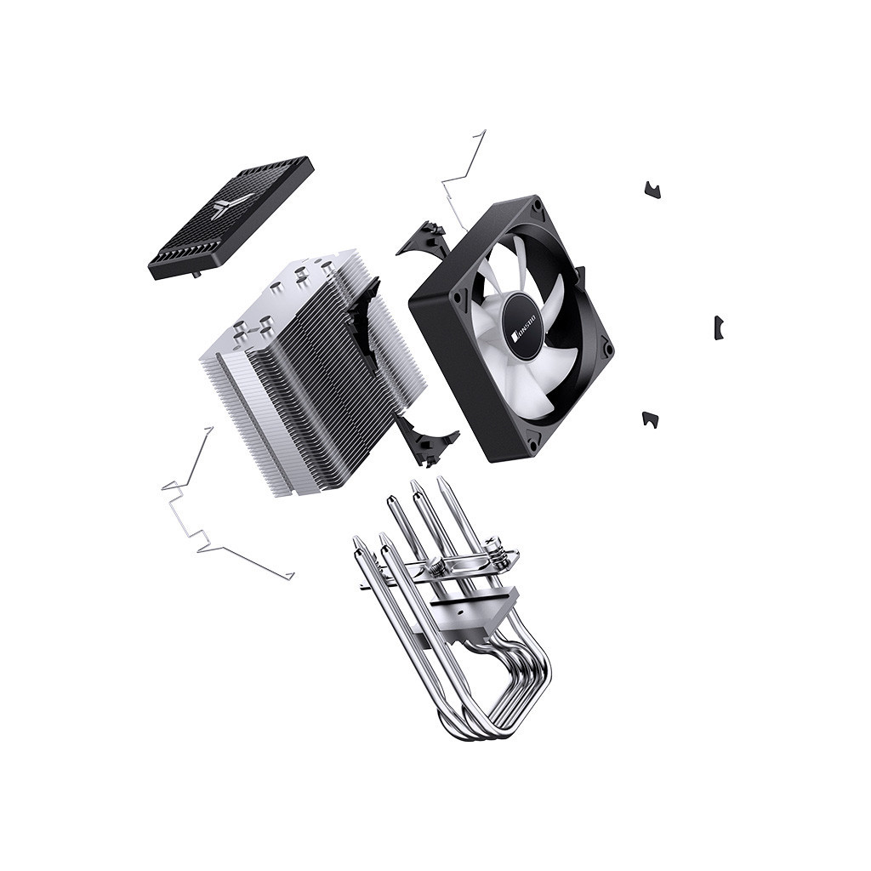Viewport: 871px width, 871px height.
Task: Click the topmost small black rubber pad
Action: click(652, 190)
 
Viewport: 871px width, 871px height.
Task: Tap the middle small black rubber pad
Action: click(718, 327)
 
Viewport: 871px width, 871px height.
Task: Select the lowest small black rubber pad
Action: click(650, 418)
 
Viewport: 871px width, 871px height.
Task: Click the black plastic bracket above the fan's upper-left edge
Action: click(425, 239)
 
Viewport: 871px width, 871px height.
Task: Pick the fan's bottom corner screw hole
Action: click(534, 441)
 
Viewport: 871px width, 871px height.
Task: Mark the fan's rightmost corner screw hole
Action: click(606, 347)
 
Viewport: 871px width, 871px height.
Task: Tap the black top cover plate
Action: click(231, 217)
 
